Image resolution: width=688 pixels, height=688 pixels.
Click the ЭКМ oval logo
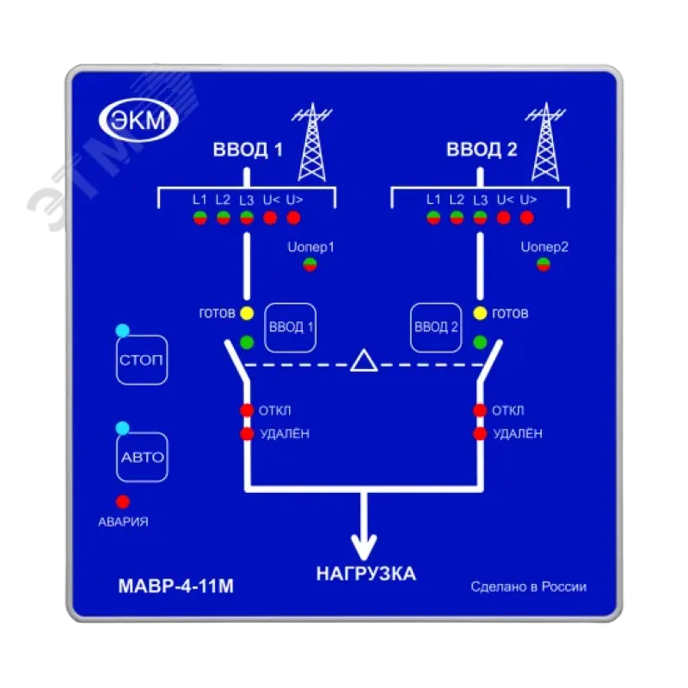pos(138,120)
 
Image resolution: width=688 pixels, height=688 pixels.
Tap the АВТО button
pos(142,458)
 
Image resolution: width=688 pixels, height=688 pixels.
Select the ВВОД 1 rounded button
pos(291,328)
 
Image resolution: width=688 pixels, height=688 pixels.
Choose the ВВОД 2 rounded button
pos(436,328)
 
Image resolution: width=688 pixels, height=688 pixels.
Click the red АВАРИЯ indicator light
pos(123,501)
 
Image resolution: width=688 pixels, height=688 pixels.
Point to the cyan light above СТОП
pos(123,330)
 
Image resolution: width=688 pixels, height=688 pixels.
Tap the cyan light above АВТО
pos(123,427)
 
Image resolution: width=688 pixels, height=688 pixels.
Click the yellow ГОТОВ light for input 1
pos(247,313)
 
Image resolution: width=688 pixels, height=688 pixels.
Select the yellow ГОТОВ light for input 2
pos(480,313)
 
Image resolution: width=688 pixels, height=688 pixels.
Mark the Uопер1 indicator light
pos(310,265)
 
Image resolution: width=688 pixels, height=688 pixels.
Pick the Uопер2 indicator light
pos(544,265)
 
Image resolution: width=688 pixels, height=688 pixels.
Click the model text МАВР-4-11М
pos(176,587)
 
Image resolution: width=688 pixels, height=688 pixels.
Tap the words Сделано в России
pos(528,587)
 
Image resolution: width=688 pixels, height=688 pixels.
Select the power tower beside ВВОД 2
pos(545,142)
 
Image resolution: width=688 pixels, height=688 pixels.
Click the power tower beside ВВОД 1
pos(312,142)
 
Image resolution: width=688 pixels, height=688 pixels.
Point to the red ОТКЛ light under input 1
pos(247,410)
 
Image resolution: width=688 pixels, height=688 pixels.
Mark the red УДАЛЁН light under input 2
pos(480,433)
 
